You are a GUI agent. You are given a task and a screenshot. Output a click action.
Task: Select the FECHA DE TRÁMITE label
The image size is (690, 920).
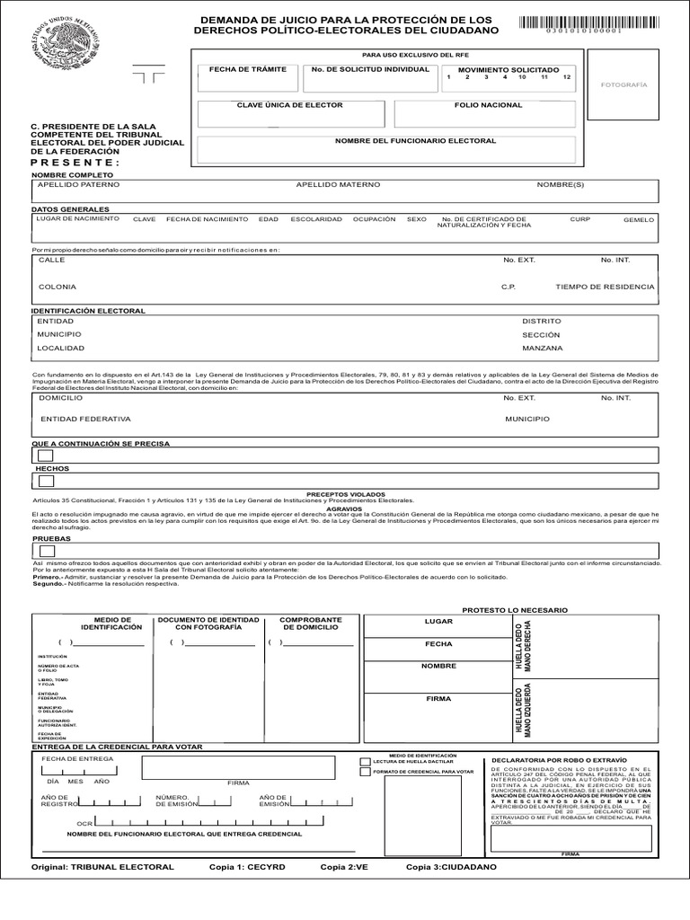[235, 69]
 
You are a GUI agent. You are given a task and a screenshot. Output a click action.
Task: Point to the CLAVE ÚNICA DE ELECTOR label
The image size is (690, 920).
[277, 105]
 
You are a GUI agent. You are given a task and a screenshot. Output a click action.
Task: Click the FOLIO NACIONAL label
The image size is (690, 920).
[488, 105]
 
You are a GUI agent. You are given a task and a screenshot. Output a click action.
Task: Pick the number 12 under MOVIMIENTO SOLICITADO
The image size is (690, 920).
[566, 78]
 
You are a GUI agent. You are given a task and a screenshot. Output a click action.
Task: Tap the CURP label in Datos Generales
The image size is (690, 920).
[579, 218]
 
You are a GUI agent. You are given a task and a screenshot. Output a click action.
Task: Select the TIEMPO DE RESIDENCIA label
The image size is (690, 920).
[605, 287]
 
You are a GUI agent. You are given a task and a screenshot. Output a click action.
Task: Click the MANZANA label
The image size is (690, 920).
[542, 348]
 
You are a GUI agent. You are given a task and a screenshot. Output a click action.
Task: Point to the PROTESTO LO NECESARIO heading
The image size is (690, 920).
[514, 610]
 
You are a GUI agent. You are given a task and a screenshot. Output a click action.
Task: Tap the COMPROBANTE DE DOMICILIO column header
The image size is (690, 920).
[310, 624]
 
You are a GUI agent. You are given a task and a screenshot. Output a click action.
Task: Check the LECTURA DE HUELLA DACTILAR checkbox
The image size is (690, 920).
[364, 760]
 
